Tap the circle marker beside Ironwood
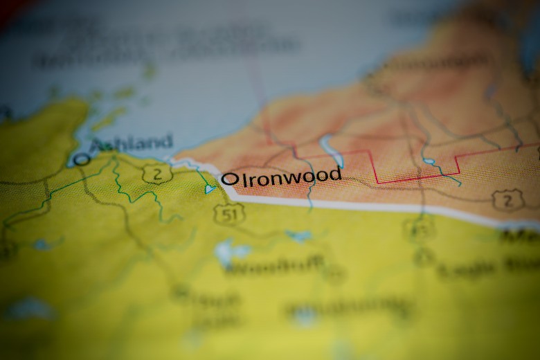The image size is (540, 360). click(228, 179)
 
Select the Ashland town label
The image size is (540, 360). click(136, 143)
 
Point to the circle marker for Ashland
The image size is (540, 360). click(82, 159)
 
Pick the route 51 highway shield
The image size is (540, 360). click(228, 214)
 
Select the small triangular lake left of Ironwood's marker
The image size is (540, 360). click(209, 188)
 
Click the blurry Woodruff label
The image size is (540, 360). click(274, 264)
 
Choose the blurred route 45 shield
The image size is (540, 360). click(420, 227)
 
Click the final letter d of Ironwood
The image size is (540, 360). click(335, 174)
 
